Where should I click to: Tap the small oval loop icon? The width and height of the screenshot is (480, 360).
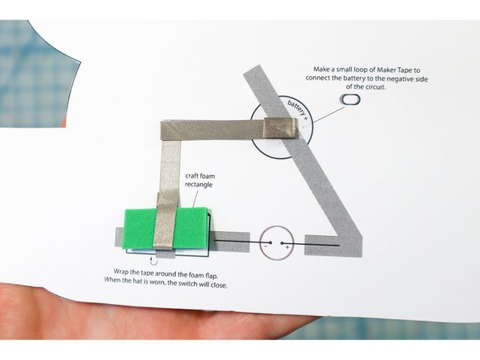point(350,99)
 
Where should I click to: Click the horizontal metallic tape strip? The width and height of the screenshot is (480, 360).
point(219,128)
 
